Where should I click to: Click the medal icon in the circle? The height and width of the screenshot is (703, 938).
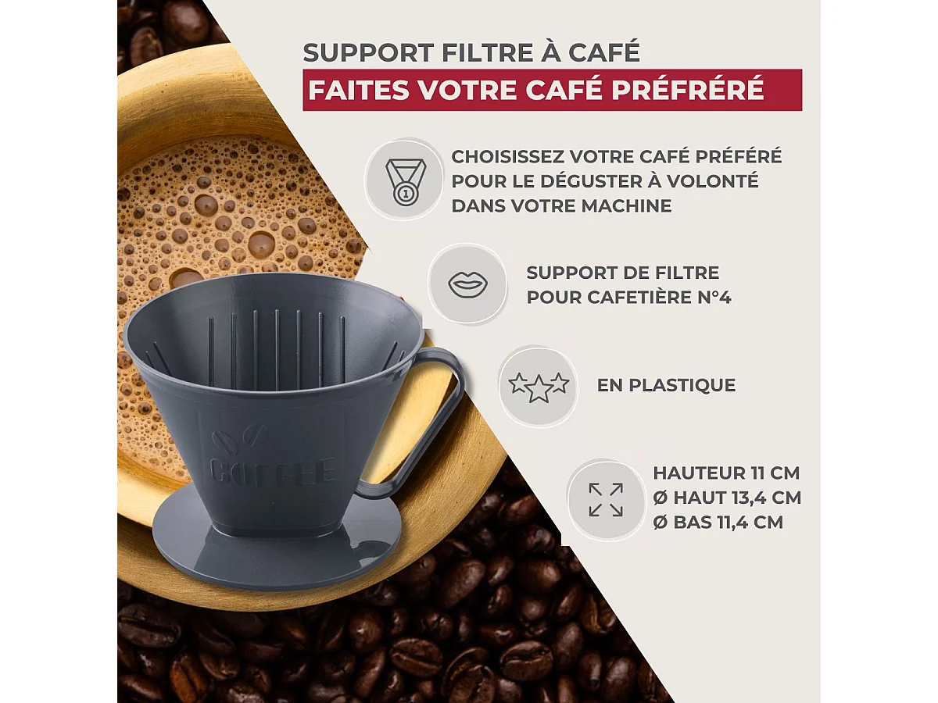[404, 180]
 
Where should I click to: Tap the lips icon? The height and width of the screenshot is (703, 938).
[467, 284]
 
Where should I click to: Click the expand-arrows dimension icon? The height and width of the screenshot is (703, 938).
[606, 500]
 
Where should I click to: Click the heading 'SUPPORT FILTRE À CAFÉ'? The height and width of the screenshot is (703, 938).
[471, 52]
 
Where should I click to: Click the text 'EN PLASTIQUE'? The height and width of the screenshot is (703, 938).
[666, 385]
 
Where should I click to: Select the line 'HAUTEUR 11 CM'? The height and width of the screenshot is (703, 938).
[726, 473]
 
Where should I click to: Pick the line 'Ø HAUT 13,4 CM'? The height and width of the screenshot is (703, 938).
[727, 498]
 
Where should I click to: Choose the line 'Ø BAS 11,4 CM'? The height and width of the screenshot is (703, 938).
[718, 523]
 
